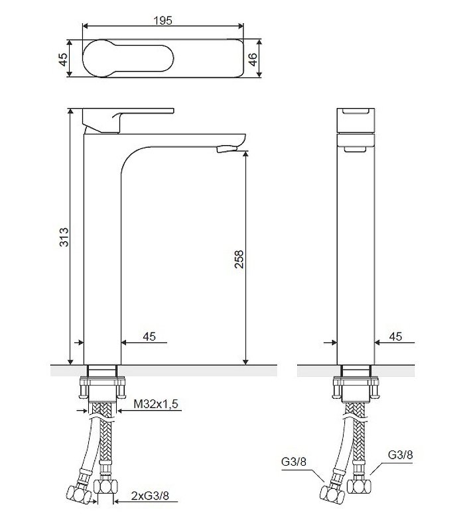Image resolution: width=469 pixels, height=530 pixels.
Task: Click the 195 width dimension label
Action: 163,21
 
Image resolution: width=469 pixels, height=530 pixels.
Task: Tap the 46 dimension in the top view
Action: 253,59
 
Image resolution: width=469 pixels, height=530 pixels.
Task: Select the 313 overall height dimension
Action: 64,237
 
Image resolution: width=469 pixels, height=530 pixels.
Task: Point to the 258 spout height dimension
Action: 239,259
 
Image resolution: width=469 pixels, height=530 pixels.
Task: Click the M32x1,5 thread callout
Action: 156,403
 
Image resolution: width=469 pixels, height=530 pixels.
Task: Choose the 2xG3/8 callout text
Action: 150,496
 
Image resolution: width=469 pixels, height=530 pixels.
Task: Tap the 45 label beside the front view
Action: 149,337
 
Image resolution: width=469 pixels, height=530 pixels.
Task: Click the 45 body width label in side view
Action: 395,337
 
